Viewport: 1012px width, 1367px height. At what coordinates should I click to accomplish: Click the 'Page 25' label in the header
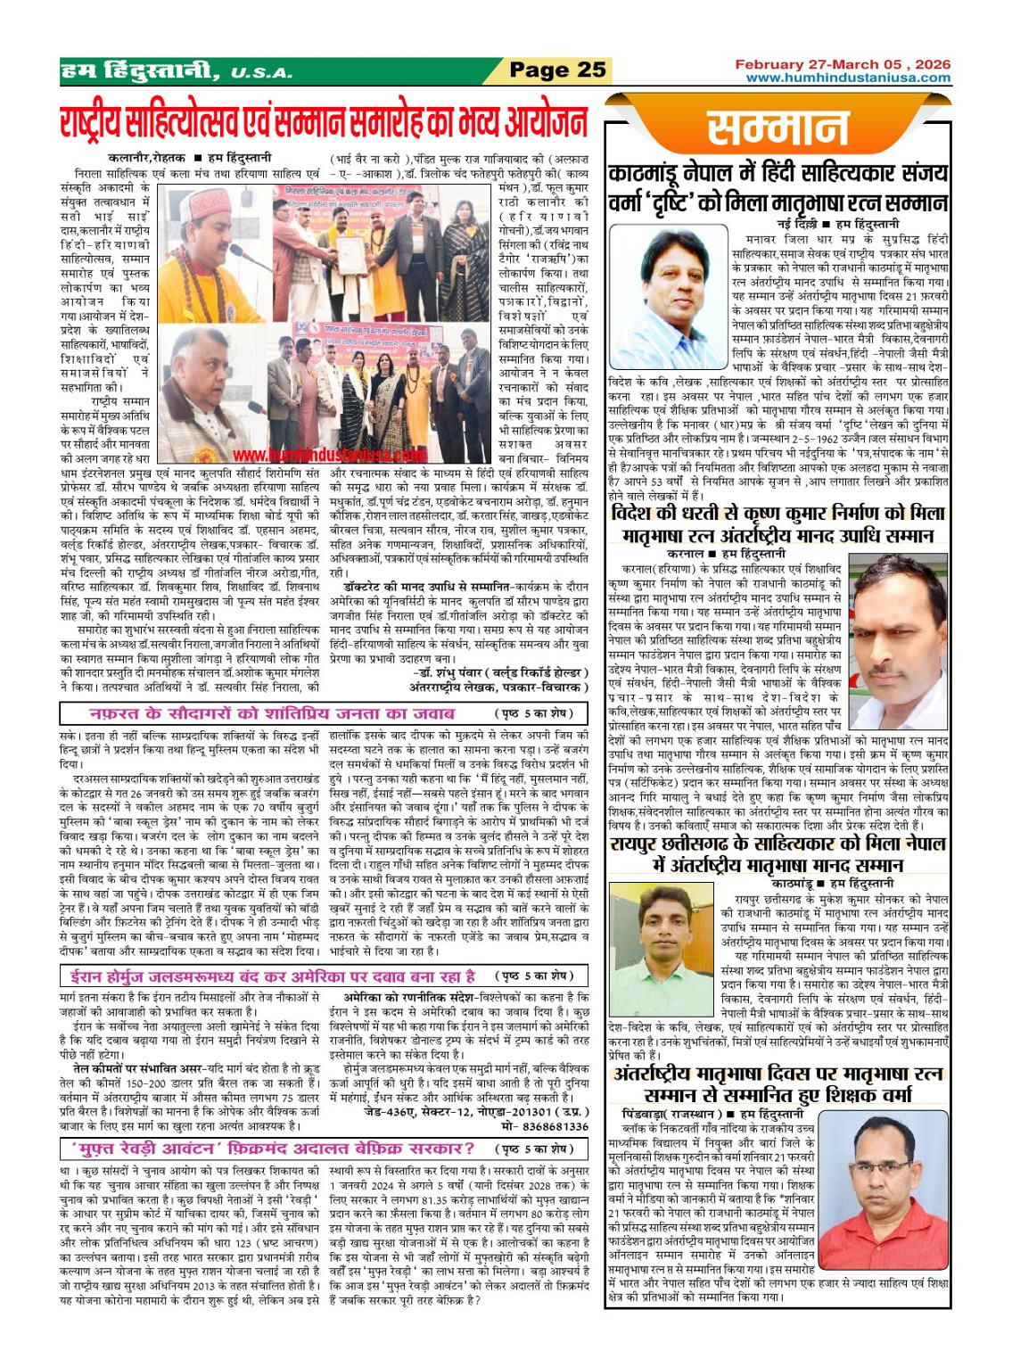point(557,70)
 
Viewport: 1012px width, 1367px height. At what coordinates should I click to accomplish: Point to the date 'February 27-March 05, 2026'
point(843,64)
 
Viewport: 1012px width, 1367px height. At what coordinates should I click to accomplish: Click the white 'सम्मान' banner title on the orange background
point(778,129)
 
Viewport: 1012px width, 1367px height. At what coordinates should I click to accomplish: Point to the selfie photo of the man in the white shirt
point(898,640)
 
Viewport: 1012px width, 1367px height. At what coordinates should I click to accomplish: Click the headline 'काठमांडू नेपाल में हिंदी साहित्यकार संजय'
point(777,174)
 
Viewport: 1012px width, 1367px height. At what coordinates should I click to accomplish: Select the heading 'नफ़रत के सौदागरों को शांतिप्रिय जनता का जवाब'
point(272,713)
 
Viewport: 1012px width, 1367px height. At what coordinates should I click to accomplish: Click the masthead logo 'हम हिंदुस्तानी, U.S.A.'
point(175,70)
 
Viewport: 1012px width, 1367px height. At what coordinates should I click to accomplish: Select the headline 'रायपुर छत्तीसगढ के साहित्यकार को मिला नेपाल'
point(777,844)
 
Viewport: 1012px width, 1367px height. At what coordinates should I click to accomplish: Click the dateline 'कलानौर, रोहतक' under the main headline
point(147,158)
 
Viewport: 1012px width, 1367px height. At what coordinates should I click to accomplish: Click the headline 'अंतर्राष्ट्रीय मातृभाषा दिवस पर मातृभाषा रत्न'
point(777,1074)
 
